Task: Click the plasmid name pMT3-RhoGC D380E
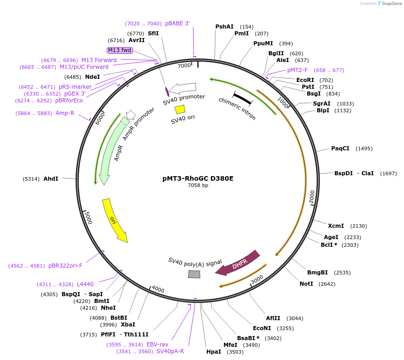pyautogui.click(x=198, y=178)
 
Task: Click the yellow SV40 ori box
pyautogui.click(x=180, y=109)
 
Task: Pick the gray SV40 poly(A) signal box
pyautogui.click(x=194, y=274)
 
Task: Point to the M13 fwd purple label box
pyautogui.click(x=119, y=50)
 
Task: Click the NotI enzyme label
pyautogui.click(x=306, y=284)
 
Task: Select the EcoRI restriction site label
pyautogui.click(x=305, y=80)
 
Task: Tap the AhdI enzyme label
pyautogui.click(x=51, y=179)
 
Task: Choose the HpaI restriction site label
pyautogui.click(x=214, y=351)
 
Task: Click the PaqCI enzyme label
pyautogui.click(x=340, y=149)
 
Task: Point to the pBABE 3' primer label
pyautogui.click(x=177, y=24)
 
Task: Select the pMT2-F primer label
pyautogui.click(x=297, y=70)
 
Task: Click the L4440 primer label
pyautogui.click(x=85, y=284)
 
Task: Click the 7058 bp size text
pyautogui.click(x=198, y=185)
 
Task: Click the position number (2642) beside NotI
pyautogui.click(x=328, y=284)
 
